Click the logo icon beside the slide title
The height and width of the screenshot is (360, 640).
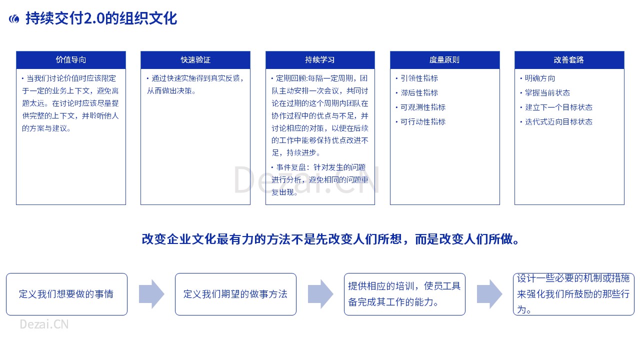tap(14, 19)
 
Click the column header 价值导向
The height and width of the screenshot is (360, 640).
tap(71, 60)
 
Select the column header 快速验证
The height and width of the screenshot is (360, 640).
tap(195, 60)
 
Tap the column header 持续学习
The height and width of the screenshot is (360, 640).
tap(320, 60)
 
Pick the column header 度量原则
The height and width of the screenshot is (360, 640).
tap(445, 60)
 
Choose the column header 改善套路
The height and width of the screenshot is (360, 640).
tap(569, 60)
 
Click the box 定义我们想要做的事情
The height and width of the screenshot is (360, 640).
tap(66, 294)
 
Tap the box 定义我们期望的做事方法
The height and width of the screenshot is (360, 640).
tap(235, 294)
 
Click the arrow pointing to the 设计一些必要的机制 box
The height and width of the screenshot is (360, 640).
tap(489, 294)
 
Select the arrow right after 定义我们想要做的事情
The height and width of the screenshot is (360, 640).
tap(151, 294)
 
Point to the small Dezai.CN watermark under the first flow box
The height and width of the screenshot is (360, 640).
tap(44, 324)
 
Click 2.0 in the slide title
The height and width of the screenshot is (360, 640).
tap(94, 18)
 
